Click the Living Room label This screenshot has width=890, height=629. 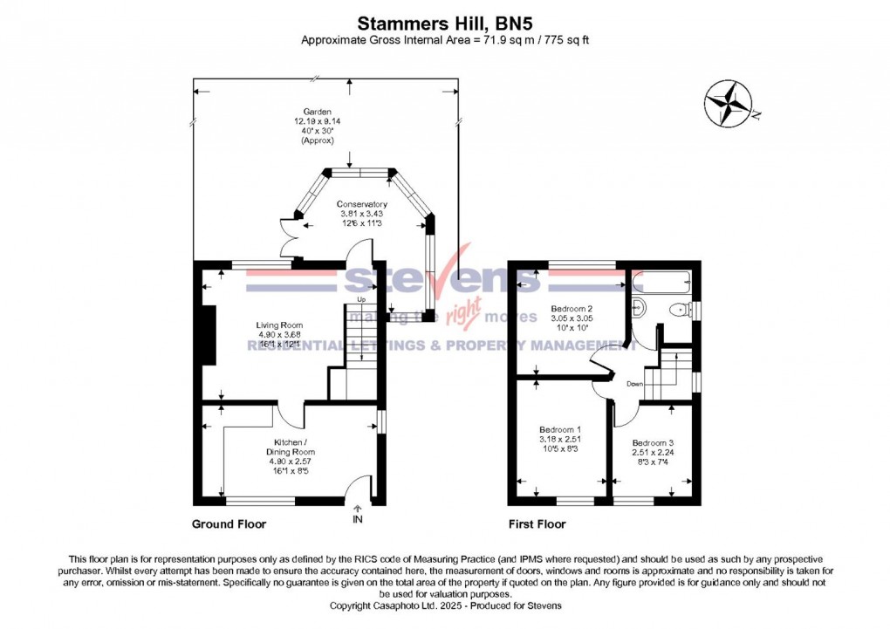pos(280,334)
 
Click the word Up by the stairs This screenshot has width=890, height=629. pos(359,301)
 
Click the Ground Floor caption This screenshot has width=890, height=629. pos(229,524)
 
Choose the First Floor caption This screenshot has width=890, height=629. pos(537,524)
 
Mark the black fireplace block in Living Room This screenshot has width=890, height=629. pos(209,334)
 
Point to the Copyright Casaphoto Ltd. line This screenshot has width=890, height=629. pos(445,605)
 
